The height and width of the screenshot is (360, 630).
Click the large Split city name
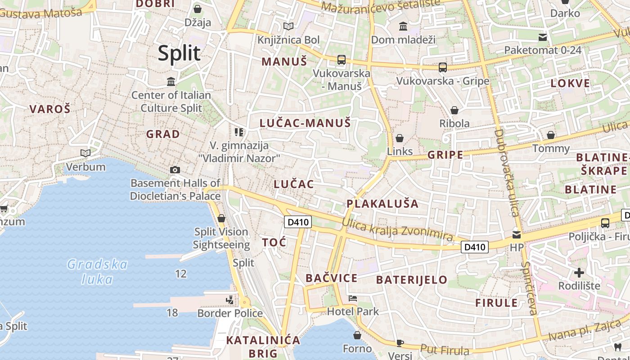tap(179, 53)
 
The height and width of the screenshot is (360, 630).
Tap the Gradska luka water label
tap(97, 271)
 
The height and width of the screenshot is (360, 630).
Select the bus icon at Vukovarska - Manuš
tap(342, 59)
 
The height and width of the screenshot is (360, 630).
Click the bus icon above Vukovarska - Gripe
tap(443, 67)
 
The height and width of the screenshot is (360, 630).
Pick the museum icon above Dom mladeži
tap(403, 27)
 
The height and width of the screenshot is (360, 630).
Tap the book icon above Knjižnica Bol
tap(288, 27)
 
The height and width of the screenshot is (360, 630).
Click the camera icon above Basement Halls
tap(175, 170)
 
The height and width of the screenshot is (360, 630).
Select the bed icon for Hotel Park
tap(353, 298)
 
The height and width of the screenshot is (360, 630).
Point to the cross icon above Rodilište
tap(579, 272)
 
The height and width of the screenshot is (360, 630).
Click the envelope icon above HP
tap(517, 234)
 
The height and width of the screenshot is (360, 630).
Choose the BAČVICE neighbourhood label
tap(331, 278)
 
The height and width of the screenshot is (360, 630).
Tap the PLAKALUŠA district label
tap(382, 203)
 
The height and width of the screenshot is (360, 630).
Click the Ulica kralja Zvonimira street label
tap(397, 229)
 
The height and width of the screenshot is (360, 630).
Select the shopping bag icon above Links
tap(400, 138)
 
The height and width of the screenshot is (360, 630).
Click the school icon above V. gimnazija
tap(239, 132)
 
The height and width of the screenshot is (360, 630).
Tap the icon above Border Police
tap(230, 299)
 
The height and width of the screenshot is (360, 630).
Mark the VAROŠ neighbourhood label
tap(50, 109)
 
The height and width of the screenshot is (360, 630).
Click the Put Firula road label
tap(445, 350)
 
